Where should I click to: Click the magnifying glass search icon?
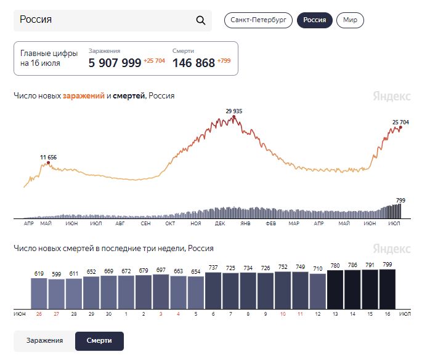click(x=200, y=20)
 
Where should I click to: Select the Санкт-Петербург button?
click(x=258, y=20)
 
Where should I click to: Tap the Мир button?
click(x=350, y=20)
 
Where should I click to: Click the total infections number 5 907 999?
click(x=115, y=63)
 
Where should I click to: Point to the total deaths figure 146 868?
click(x=193, y=63)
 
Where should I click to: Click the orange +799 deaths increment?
click(x=224, y=61)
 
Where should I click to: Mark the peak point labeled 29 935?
click(x=234, y=117)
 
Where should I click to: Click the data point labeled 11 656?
click(x=49, y=162)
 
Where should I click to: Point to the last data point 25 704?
click(x=400, y=127)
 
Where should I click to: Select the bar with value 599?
click(x=56, y=294)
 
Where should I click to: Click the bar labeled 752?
click(x=283, y=290)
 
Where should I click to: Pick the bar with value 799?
click(x=388, y=289)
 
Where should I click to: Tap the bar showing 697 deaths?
click(x=161, y=292)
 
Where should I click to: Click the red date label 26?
click(x=39, y=314)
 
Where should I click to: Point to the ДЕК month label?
click(x=220, y=223)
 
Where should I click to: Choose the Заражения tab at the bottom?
click(x=45, y=341)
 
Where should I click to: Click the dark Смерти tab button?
click(x=99, y=341)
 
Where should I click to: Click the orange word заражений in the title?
click(x=83, y=96)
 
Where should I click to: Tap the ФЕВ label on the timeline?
click(x=270, y=223)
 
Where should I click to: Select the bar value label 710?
click(x=317, y=268)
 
